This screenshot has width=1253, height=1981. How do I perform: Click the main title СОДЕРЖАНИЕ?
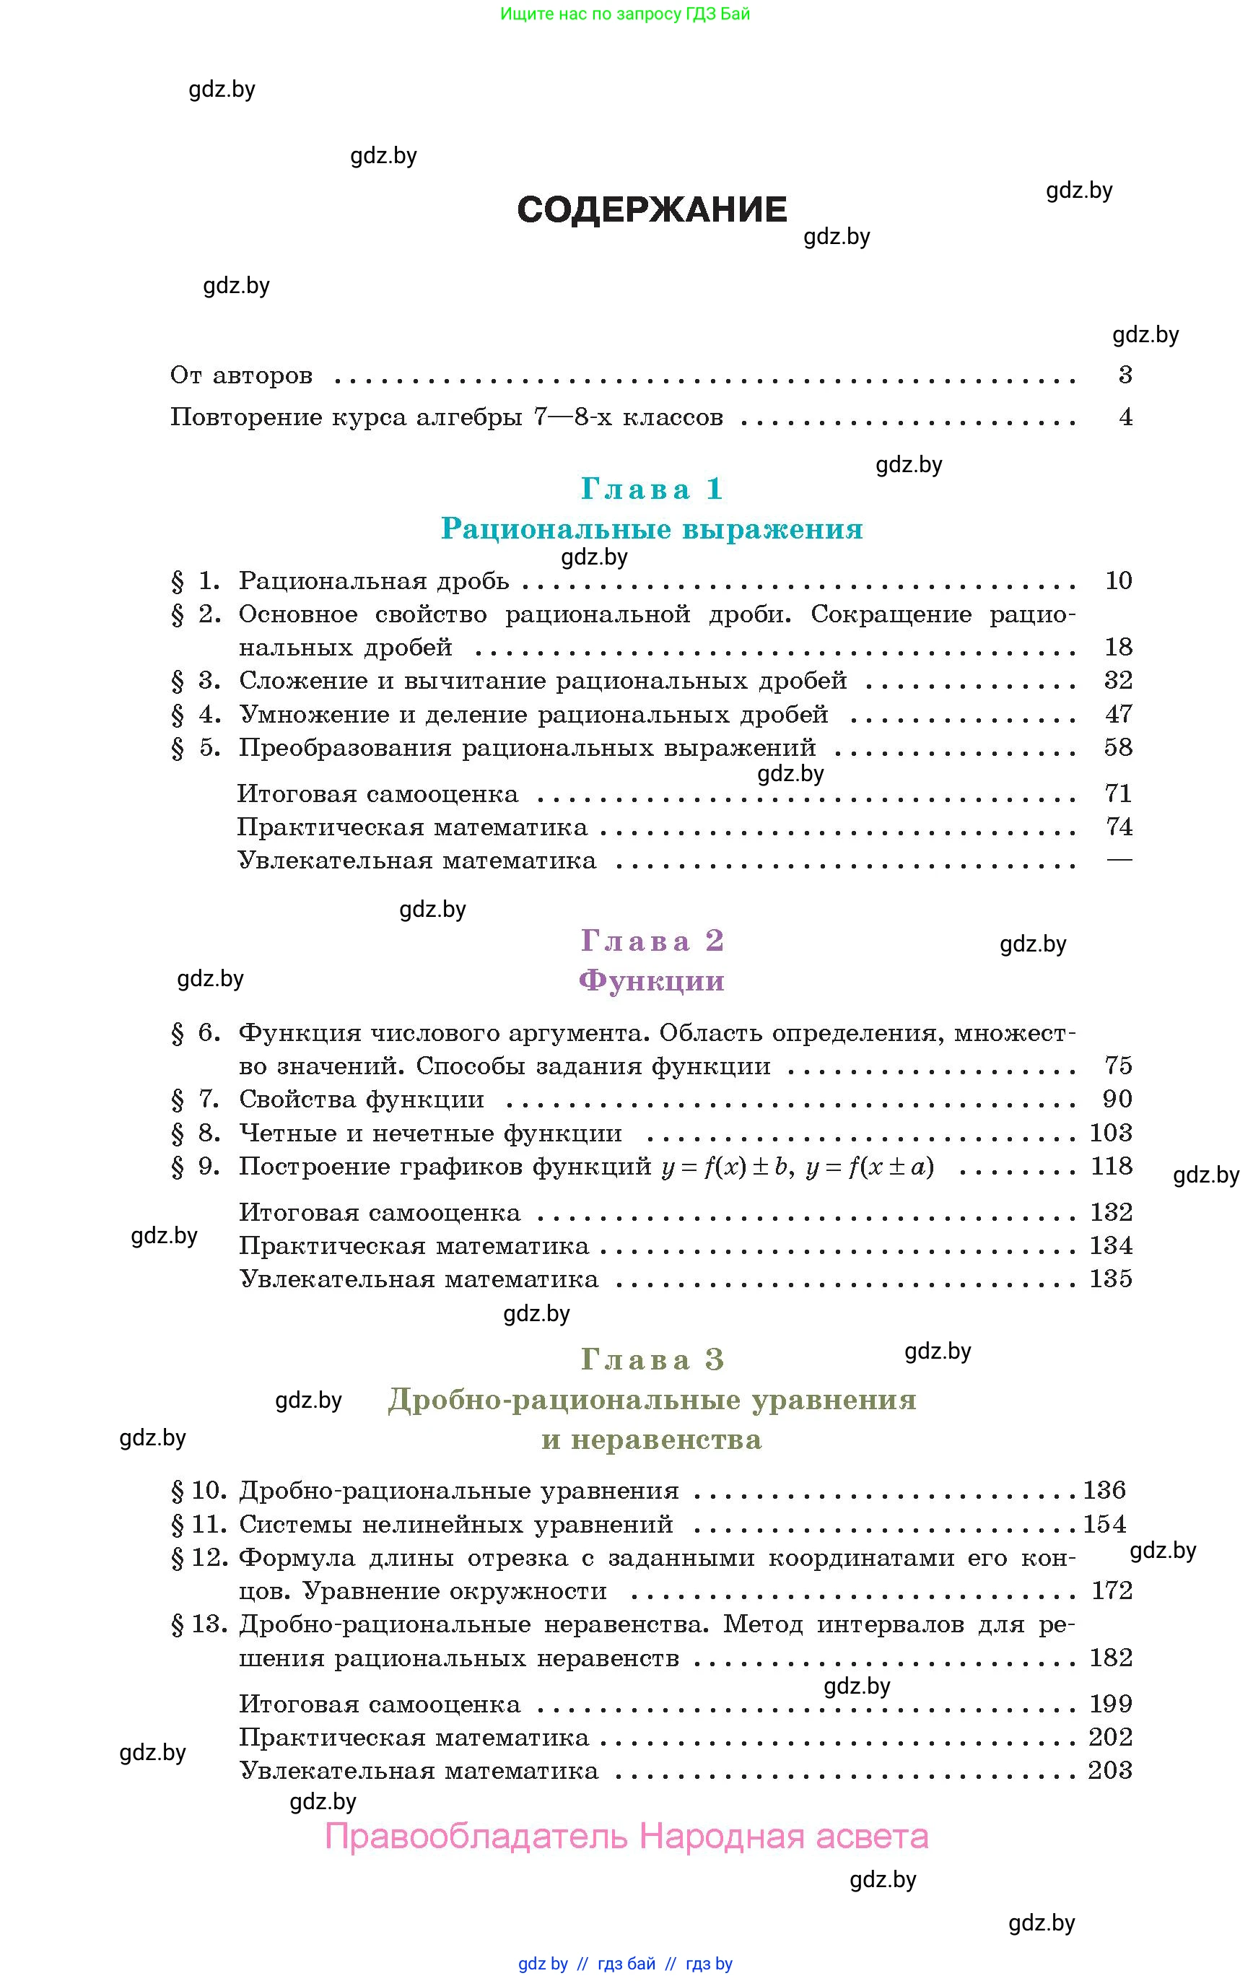(x=652, y=210)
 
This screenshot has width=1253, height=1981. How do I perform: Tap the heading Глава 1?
(x=652, y=489)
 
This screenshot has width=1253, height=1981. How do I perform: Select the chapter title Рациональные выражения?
(x=652, y=529)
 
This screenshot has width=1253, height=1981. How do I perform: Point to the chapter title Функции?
(x=652, y=980)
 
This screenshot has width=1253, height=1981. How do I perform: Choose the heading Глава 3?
(x=652, y=1360)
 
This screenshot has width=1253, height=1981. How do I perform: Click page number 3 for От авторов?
(x=1125, y=375)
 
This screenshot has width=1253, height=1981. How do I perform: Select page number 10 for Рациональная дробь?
(x=1118, y=581)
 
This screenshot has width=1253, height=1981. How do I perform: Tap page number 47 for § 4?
(x=1118, y=714)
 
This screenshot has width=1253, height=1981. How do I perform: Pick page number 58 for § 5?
(x=1118, y=748)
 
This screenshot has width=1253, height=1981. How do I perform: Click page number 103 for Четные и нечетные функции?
(x=1111, y=1133)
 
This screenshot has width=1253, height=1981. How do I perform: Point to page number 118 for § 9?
(x=1111, y=1167)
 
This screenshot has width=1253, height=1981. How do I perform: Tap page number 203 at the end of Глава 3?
(x=1110, y=1770)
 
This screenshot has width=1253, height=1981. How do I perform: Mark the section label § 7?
(x=195, y=1100)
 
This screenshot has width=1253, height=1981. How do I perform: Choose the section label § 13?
(x=198, y=1625)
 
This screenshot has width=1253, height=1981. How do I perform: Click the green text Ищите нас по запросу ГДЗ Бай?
(x=625, y=14)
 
